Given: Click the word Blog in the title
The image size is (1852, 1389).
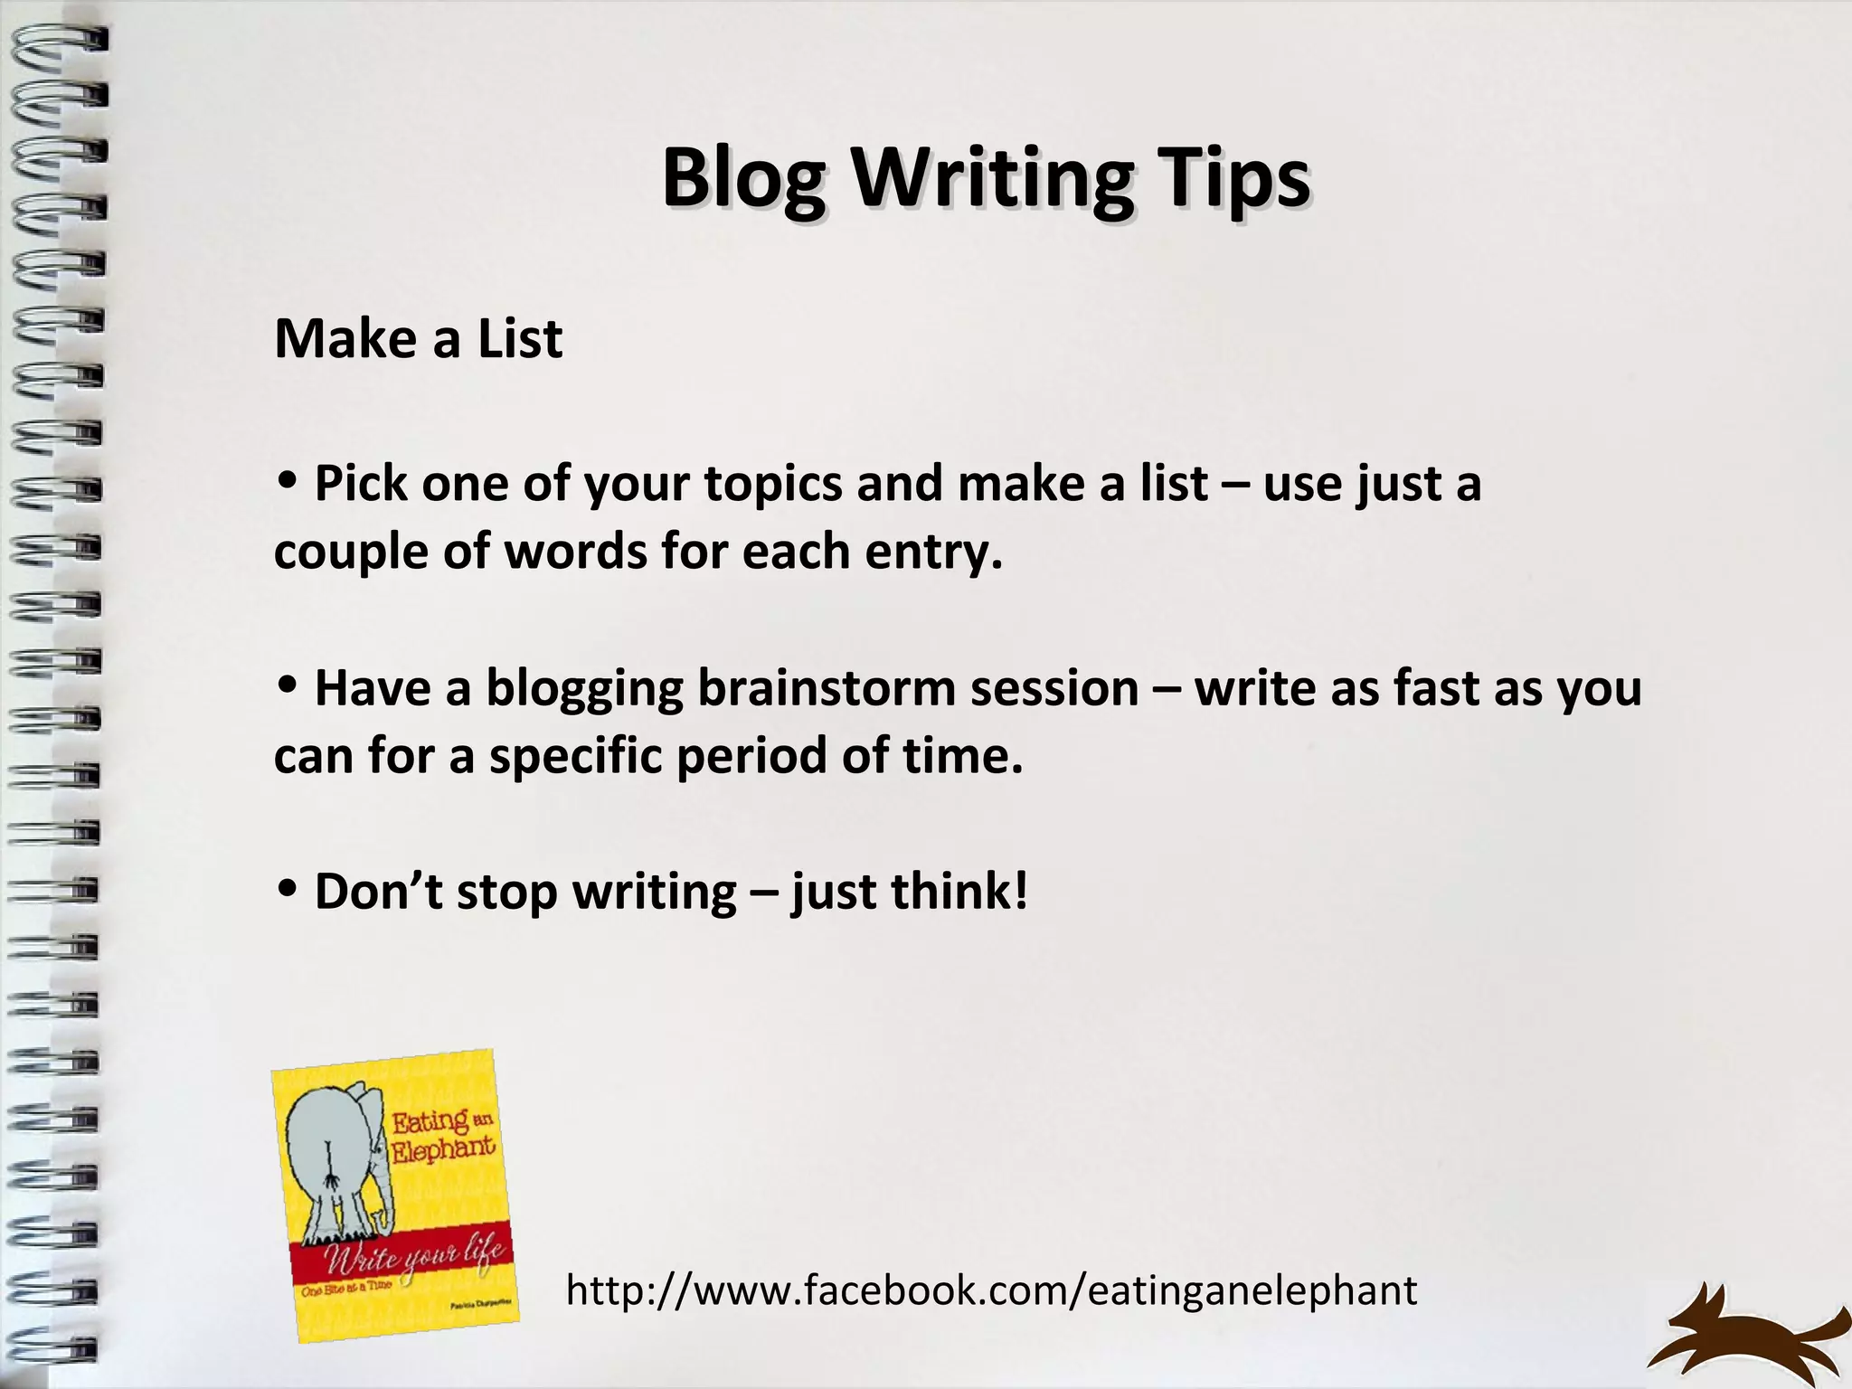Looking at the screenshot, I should point(743,178).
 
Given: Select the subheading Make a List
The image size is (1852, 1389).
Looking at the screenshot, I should point(418,339).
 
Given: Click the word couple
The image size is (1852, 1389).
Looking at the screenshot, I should point(351,552).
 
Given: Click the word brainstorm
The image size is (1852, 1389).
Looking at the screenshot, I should point(826,689).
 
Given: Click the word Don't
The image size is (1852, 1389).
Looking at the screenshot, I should point(378,892).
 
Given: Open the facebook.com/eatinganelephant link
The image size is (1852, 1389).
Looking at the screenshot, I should point(991,1290).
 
